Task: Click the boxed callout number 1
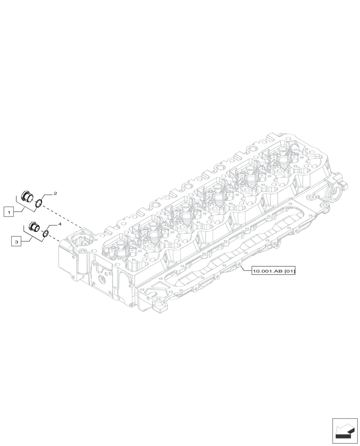[8, 212]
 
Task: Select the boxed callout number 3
[16, 242]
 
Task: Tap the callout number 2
[55, 194]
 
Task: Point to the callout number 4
[59, 225]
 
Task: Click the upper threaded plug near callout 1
[28, 196]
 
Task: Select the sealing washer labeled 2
[39, 204]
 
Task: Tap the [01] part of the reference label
[289, 271]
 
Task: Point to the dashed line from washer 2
[62, 217]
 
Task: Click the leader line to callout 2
[47, 196]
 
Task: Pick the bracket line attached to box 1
[22, 206]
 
